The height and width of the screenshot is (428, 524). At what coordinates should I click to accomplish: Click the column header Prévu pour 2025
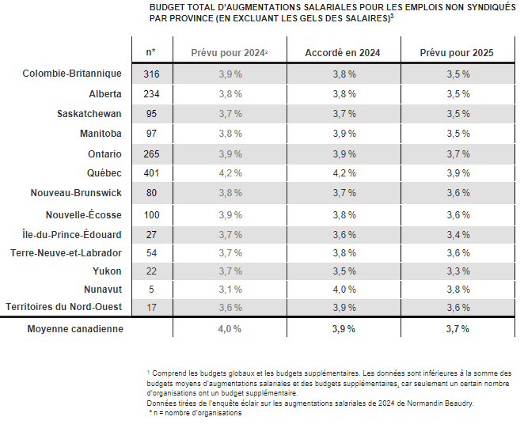457,52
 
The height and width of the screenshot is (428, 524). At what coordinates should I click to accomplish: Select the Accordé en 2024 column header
343,52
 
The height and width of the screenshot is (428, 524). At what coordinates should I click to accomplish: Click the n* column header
150,52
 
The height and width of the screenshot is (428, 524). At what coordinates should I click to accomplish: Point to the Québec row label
104,172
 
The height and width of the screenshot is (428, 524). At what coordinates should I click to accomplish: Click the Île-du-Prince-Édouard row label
72,234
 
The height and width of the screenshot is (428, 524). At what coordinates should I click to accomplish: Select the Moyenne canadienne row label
75,328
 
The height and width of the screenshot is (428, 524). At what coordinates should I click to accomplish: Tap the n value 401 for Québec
150,172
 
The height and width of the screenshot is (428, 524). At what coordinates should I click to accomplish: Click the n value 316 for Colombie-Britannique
150,74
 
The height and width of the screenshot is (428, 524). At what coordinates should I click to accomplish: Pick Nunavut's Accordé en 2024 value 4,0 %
343,289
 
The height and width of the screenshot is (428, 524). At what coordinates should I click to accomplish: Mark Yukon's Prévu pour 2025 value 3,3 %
457,271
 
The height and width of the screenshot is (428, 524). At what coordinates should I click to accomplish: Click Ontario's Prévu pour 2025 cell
457,153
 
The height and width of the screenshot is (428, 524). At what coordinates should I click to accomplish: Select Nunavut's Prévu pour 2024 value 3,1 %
230,289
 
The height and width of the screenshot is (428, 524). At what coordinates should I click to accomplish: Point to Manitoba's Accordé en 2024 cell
343,133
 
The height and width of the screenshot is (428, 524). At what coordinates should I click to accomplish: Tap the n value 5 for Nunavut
150,289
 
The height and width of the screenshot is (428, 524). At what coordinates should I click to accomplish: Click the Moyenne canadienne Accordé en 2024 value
343,328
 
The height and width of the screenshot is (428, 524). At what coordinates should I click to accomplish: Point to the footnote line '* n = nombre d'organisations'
196,413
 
